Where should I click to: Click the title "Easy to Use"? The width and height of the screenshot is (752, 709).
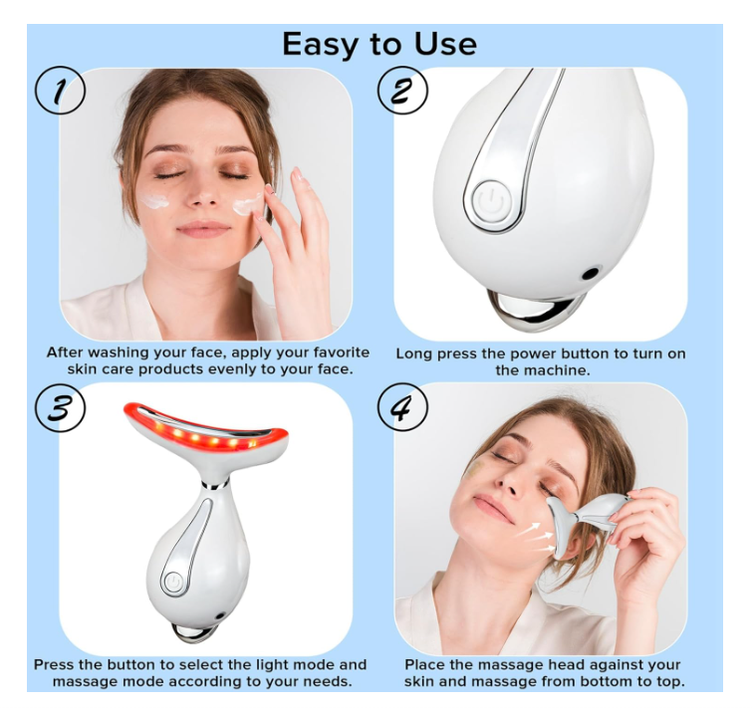click(378, 44)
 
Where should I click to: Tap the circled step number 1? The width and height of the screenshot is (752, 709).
click(60, 92)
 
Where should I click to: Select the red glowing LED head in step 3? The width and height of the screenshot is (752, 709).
click(206, 434)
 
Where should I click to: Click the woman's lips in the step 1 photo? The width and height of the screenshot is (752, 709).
click(203, 229)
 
